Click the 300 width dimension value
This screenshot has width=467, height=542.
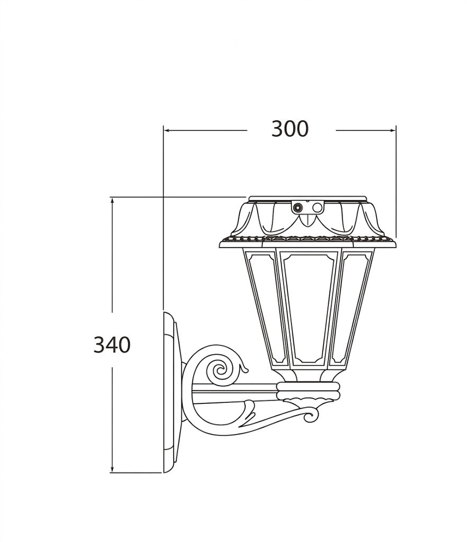(x=289, y=129)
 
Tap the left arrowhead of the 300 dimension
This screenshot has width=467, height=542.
(x=167, y=130)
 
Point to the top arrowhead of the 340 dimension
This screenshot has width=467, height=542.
(x=112, y=201)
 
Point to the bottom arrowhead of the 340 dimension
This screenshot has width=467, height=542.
(x=112, y=469)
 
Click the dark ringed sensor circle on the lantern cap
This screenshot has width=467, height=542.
(x=297, y=207)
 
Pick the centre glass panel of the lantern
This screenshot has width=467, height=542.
(x=308, y=308)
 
